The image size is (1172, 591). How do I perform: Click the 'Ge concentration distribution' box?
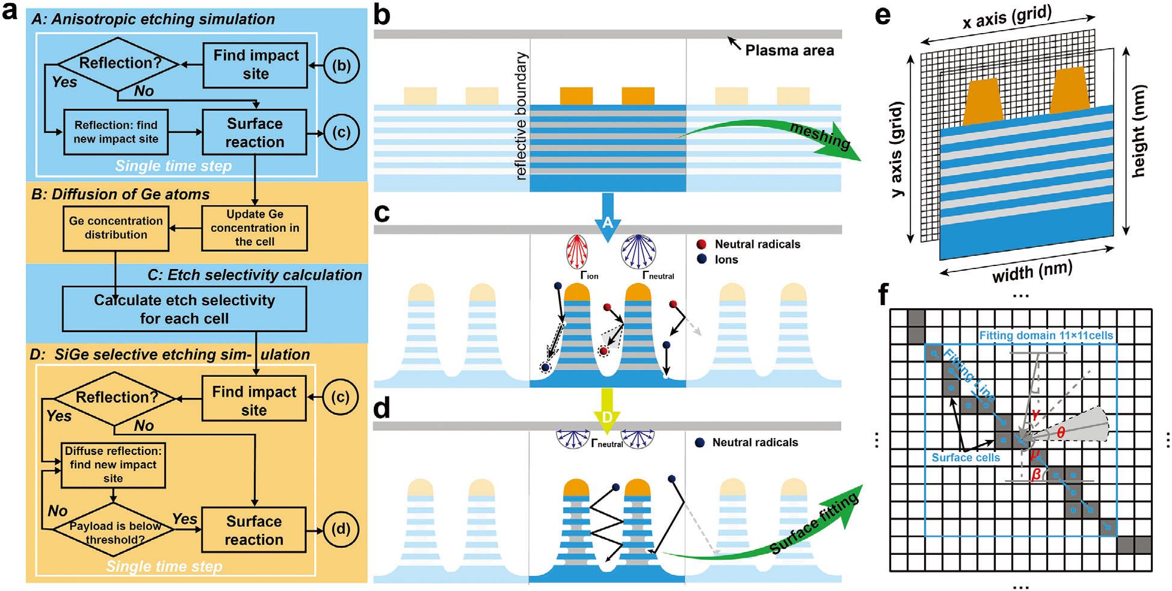(x=116, y=228)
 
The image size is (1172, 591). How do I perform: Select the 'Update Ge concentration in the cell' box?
(x=254, y=228)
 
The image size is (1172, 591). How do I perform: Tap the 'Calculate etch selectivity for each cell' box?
(x=184, y=309)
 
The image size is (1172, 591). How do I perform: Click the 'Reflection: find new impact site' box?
(x=116, y=132)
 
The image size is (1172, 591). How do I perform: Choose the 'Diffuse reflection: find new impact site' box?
(x=113, y=465)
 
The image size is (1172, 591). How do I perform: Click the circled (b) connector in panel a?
(x=341, y=65)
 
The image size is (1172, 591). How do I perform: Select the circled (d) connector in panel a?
(x=341, y=529)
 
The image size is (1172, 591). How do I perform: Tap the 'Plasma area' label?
(x=789, y=51)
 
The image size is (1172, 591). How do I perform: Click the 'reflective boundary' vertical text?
(x=521, y=116)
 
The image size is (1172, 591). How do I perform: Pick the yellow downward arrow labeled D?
(x=607, y=412)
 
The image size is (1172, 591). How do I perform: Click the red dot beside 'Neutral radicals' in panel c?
(x=701, y=244)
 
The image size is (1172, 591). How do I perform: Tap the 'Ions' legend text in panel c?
(x=726, y=259)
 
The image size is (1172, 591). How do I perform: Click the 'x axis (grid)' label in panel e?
(x=1007, y=18)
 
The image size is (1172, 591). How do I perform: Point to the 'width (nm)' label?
(x=1032, y=272)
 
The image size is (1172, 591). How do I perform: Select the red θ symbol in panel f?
(x=1061, y=432)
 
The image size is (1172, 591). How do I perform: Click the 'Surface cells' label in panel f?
(x=966, y=457)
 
